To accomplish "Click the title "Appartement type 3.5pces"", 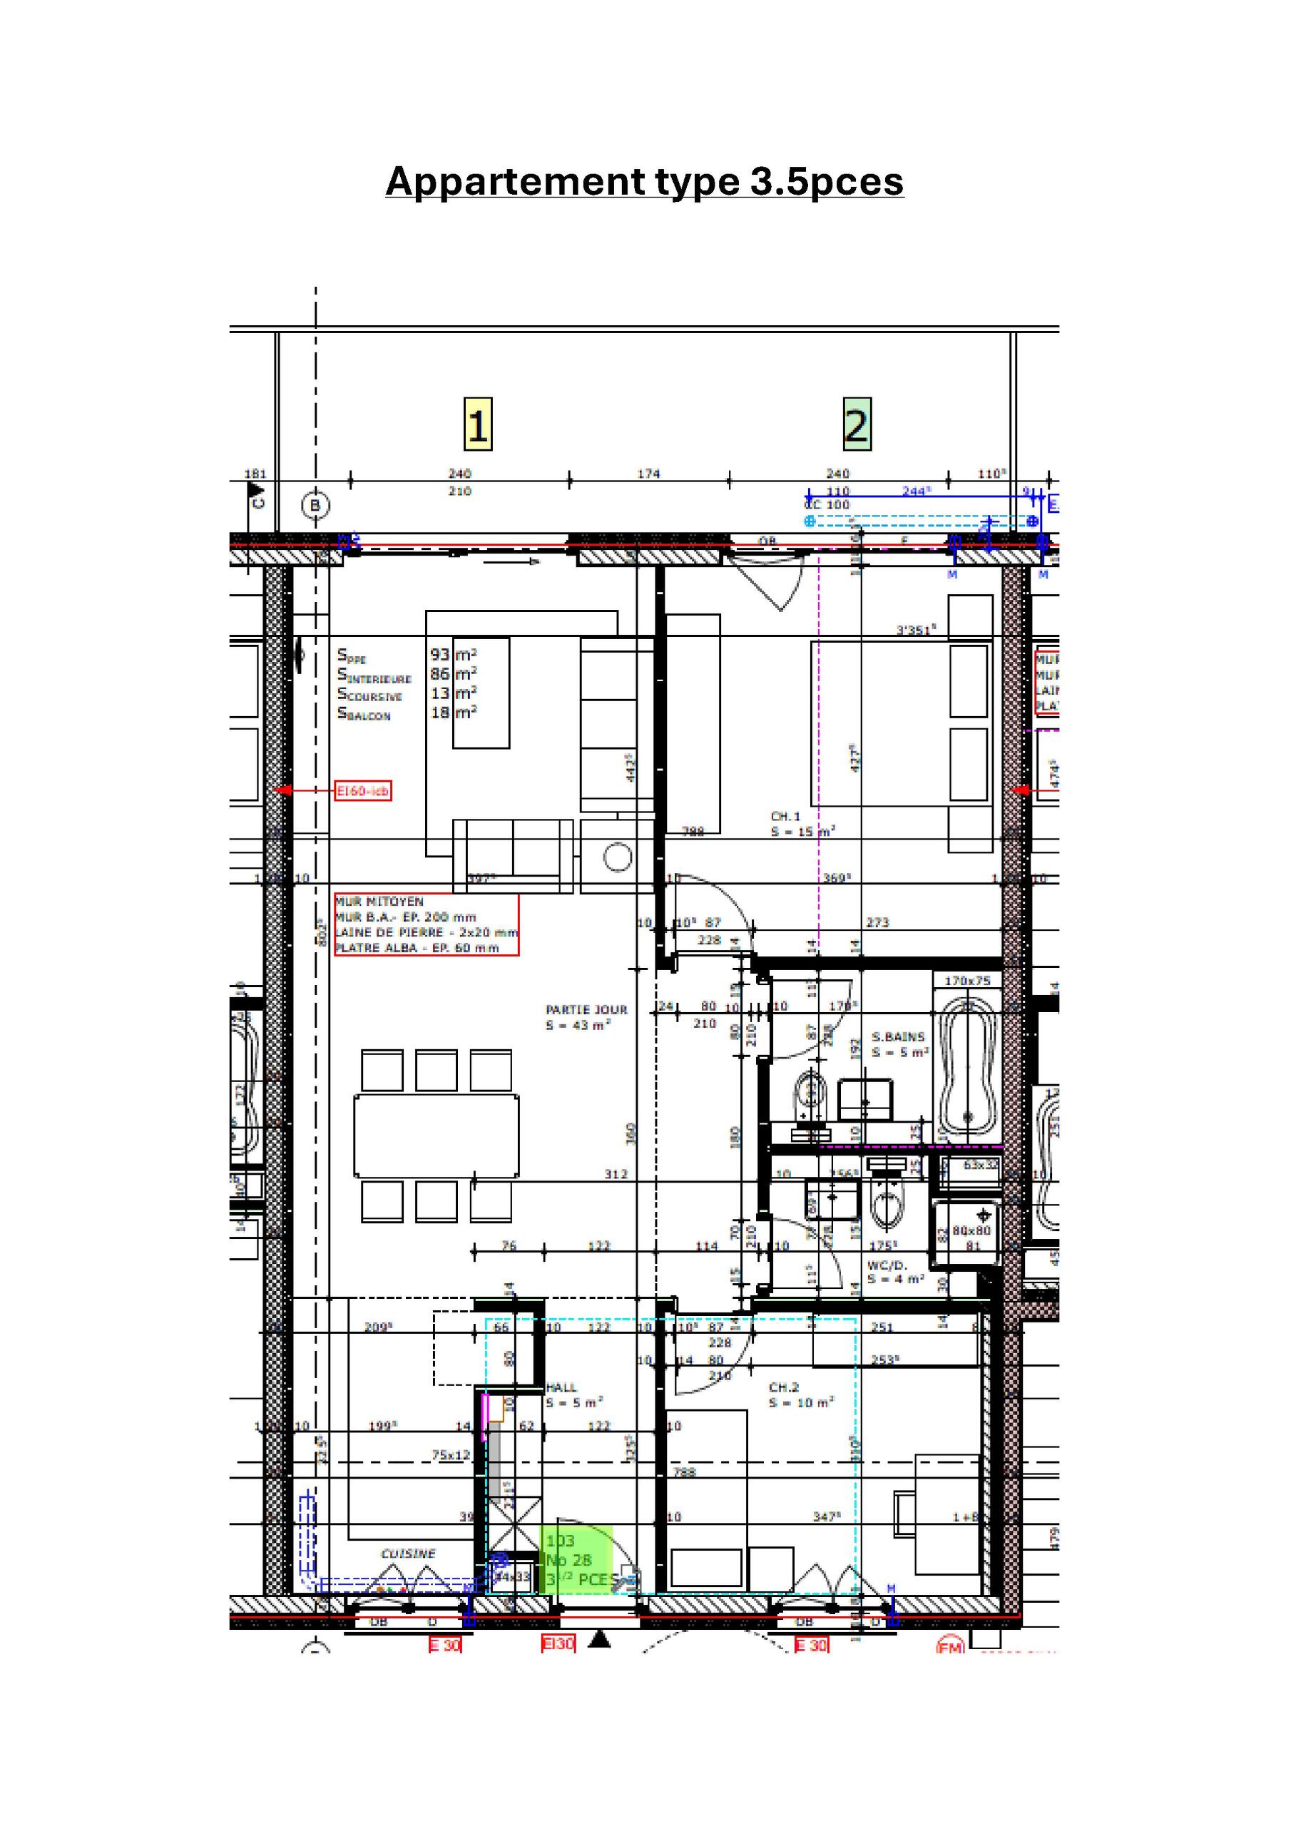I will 644,181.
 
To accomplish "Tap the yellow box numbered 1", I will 477,424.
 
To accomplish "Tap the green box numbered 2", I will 856,424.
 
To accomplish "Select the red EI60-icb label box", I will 363,790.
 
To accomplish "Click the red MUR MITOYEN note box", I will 427,924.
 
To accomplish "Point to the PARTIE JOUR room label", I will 586,1010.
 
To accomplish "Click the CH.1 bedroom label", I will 785,816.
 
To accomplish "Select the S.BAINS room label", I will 898,1037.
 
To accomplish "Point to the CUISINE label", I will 408,1554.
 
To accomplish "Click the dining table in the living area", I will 436,1136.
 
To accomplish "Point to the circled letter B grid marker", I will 316,505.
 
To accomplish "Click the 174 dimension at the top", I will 648,474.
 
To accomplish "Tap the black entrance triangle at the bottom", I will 601,1638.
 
